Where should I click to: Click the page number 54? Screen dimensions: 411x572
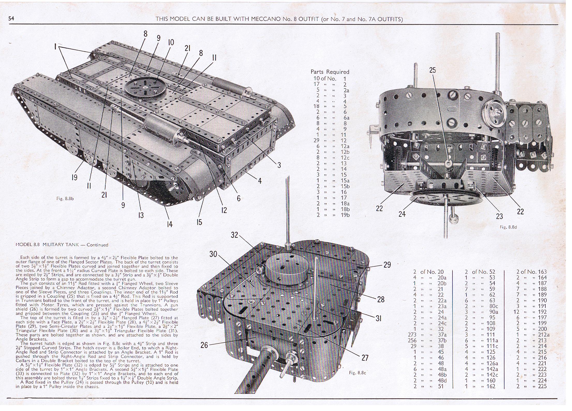tap(11, 18)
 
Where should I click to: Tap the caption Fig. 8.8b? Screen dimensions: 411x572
tap(65, 199)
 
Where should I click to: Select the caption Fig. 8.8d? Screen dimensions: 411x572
tap(508, 227)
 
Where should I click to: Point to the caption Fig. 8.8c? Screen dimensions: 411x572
tap(358, 372)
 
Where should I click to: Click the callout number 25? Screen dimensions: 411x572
tap(433, 70)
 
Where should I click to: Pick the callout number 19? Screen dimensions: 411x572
tap(74, 177)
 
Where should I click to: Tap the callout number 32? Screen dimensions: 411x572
tap(234, 235)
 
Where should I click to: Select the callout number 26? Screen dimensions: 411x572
tap(204, 345)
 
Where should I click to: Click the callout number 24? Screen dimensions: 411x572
tap(402, 214)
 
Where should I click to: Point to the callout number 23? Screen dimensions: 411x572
tap(499, 216)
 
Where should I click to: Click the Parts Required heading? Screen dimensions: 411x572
tap(330, 72)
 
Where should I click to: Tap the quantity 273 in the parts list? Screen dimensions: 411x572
tap(412, 335)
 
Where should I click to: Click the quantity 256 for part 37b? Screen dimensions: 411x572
tap(412, 340)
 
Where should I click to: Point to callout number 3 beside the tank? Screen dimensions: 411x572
tap(279, 165)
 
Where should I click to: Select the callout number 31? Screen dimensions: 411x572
tap(378, 318)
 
